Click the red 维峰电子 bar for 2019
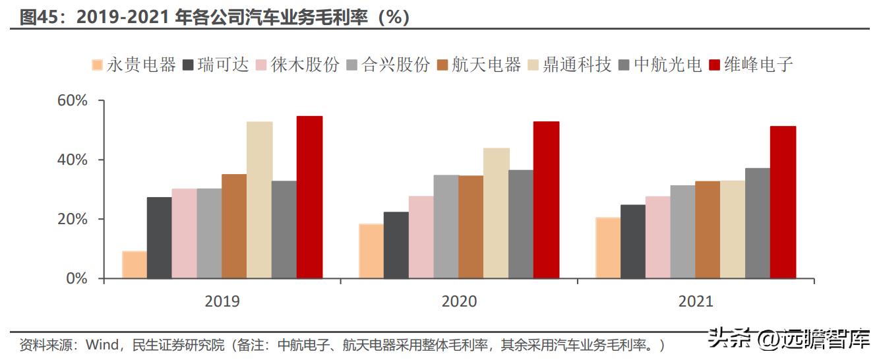click(x=309, y=197)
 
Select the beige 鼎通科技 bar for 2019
click(x=259, y=200)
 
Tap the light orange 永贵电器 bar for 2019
click(x=135, y=264)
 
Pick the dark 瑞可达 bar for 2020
click(x=396, y=245)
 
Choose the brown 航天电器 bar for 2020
click(x=471, y=227)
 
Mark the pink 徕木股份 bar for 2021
click(x=657, y=237)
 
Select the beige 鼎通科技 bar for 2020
click(x=496, y=213)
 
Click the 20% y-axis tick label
click(x=73, y=219)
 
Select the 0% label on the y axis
click(x=76, y=278)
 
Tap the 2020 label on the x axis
click(x=459, y=301)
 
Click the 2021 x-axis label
click(x=696, y=301)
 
